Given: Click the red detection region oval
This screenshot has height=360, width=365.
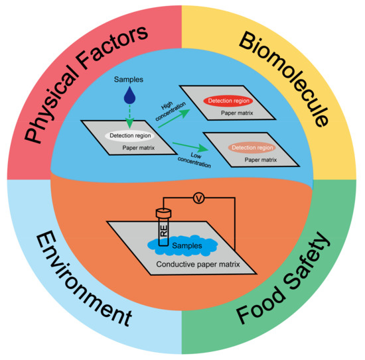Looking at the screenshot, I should [x=232, y=101].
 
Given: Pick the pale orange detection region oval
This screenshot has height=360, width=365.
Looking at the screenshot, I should [x=251, y=147].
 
